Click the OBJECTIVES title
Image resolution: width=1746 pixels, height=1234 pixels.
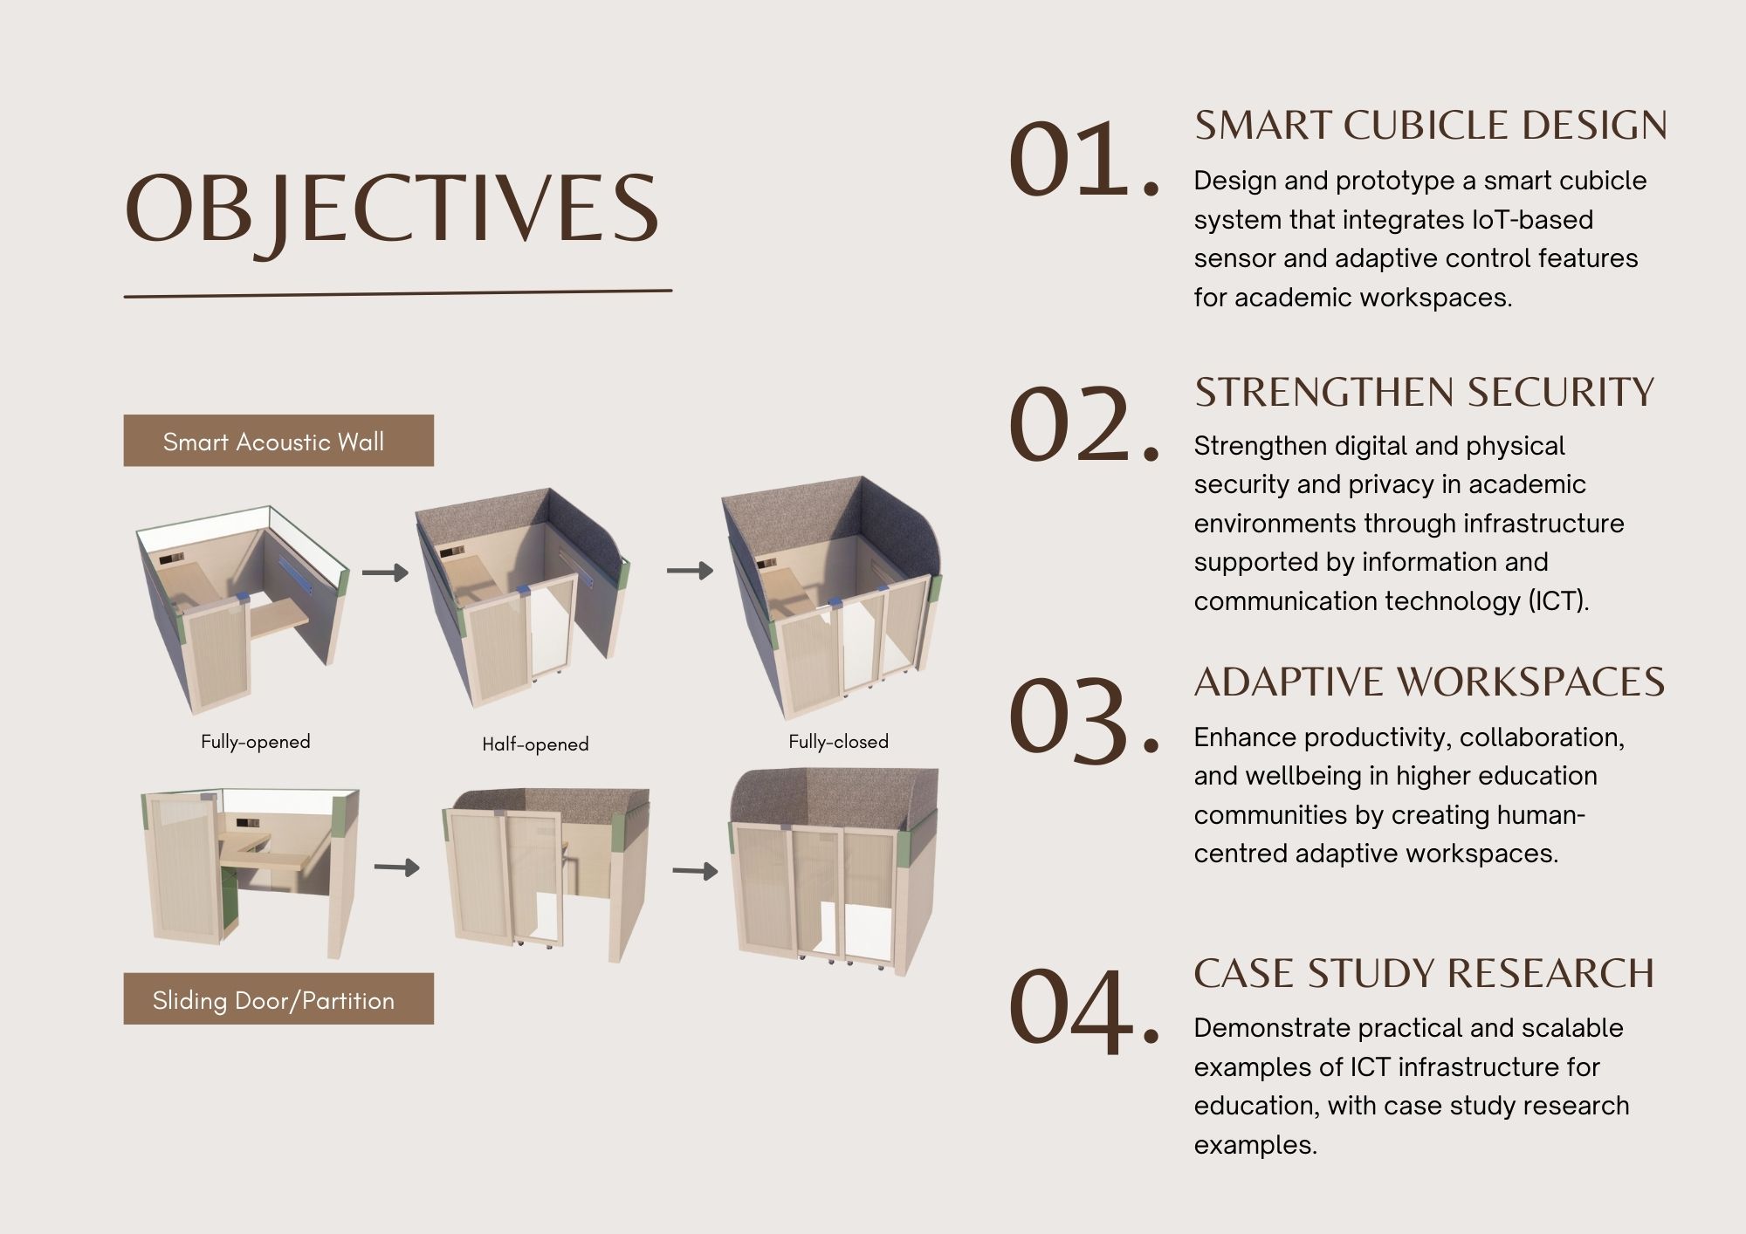click(392, 209)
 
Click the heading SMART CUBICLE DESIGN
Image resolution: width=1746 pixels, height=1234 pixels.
click(1431, 126)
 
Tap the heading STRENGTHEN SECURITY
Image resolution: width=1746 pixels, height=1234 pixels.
click(1424, 392)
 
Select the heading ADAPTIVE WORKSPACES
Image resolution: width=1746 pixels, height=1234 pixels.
click(1429, 682)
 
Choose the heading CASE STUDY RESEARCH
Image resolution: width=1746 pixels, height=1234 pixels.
click(1424, 974)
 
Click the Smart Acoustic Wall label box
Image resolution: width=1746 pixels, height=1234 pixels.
click(278, 441)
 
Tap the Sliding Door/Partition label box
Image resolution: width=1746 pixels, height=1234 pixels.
click(278, 998)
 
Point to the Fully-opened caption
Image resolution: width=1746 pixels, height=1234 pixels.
click(256, 742)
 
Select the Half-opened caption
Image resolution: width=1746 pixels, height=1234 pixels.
click(536, 744)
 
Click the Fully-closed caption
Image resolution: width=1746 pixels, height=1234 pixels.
click(839, 742)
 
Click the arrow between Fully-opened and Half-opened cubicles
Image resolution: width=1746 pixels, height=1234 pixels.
click(385, 572)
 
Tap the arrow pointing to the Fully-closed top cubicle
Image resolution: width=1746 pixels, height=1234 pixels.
click(690, 571)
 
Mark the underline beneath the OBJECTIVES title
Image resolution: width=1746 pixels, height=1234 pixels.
click(398, 293)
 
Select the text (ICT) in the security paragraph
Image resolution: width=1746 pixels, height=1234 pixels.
click(1559, 601)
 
